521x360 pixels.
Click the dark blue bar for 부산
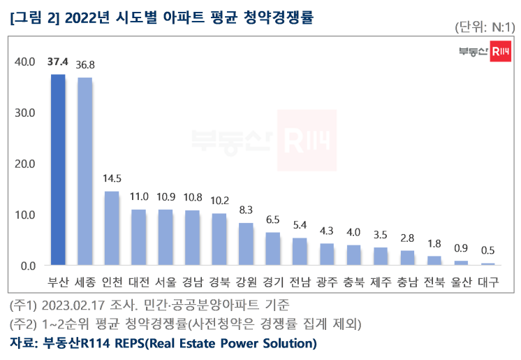pyautogui.click(x=57, y=170)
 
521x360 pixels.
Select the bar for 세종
pyautogui.click(x=85, y=171)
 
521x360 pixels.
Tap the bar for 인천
pyautogui.click(x=112, y=229)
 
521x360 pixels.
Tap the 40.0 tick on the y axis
pyautogui.click(x=24, y=62)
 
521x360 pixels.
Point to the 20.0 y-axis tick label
pyautogui.click(x=24, y=164)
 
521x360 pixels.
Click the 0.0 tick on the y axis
pyautogui.click(x=27, y=266)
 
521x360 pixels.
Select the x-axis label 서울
pyautogui.click(x=166, y=283)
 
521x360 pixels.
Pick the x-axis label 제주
pyautogui.click(x=381, y=283)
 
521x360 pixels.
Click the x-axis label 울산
pyautogui.click(x=462, y=283)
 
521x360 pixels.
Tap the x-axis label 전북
pyautogui.click(x=434, y=283)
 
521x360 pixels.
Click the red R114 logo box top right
pyautogui.click(x=499, y=51)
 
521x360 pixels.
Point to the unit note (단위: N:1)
pyautogui.click(x=484, y=27)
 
